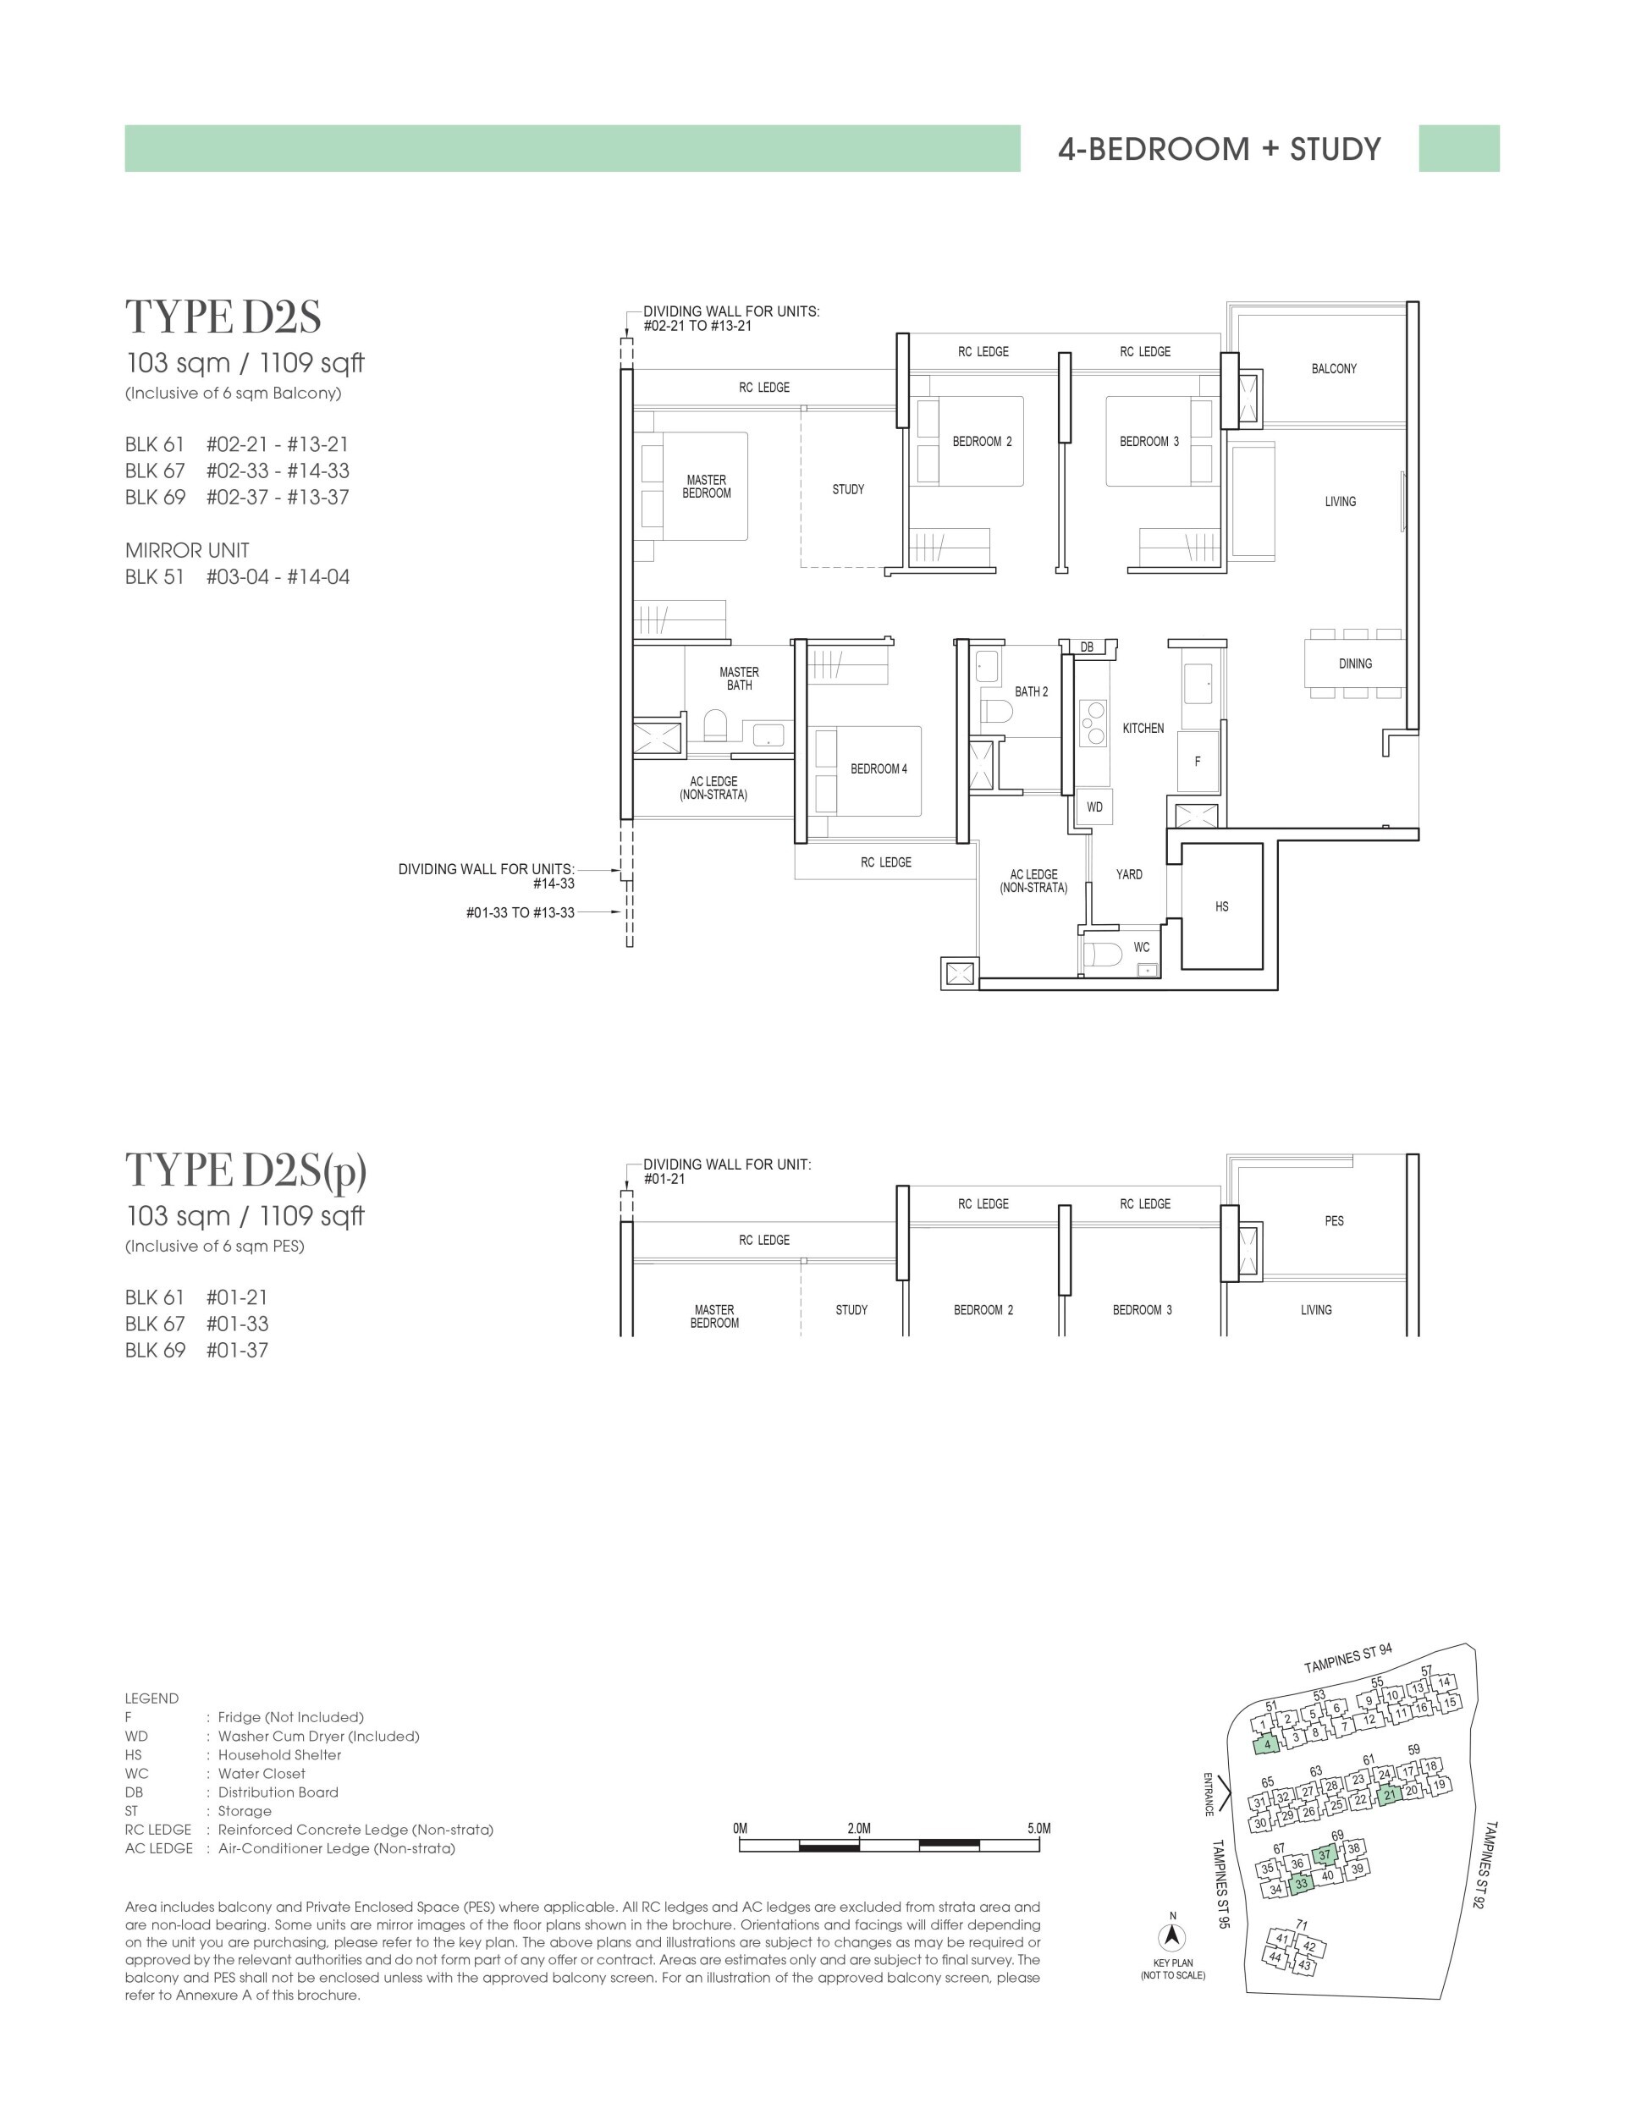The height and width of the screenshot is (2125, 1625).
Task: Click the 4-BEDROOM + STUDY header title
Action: pyautogui.click(x=1219, y=149)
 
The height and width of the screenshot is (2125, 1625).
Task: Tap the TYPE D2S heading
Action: pyautogui.click(x=223, y=317)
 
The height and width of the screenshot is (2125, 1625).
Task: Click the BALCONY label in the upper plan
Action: pyautogui.click(x=1333, y=368)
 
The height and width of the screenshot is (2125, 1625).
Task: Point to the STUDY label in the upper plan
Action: pyautogui.click(x=847, y=489)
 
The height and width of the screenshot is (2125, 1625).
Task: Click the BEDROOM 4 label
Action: pyautogui.click(x=879, y=769)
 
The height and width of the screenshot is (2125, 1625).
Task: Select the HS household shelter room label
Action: pyautogui.click(x=1221, y=906)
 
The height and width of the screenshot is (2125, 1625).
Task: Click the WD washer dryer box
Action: pyautogui.click(x=1094, y=807)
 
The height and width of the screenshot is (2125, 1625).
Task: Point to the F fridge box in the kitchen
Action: pyautogui.click(x=1197, y=761)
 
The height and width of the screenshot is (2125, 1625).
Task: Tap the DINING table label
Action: pyautogui.click(x=1354, y=663)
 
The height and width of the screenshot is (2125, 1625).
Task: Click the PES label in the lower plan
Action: pyautogui.click(x=1333, y=1220)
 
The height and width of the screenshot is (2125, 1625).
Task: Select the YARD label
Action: pyautogui.click(x=1129, y=874)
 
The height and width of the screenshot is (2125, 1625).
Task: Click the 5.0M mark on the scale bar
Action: pyautogui.click(x=1038, y=1828)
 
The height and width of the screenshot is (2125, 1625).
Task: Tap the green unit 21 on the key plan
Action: pyautogui.click(x=1389, y=1795)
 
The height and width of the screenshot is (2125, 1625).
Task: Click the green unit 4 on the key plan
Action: pyautogui.click(x=1266, y=1745)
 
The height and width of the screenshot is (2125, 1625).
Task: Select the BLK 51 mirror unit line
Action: pyautogui.click(x=237, y=577)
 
